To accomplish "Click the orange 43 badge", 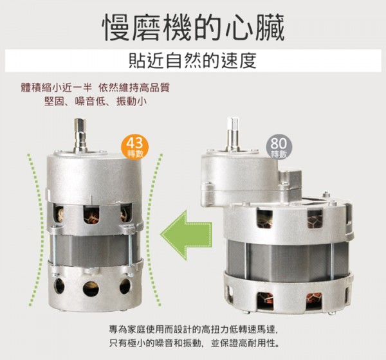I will [x=135, y=147].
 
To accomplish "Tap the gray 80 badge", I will [x=279, y=147].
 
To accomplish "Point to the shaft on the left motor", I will [x=80, y=134].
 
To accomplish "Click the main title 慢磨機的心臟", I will [x=193, y=27].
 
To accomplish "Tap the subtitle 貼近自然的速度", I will [x=193, y=61].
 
